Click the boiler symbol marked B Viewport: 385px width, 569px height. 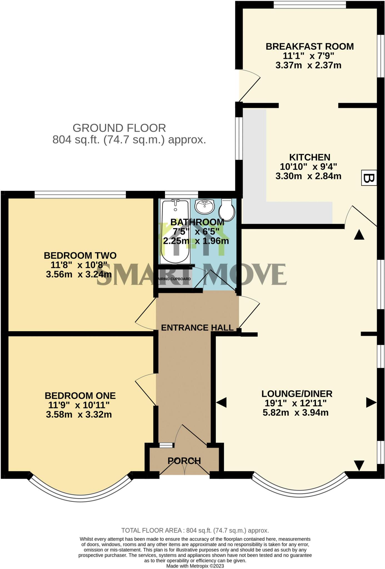pos(369,178)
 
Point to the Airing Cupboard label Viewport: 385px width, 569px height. pos(174,279)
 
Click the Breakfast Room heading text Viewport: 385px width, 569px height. pos(310,46)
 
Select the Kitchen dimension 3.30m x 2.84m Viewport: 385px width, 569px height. pos(308,176)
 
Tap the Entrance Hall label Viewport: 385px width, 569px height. pos(197,328)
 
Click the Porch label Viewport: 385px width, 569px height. pos(184,461)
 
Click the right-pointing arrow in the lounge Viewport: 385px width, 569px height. pos(371,402)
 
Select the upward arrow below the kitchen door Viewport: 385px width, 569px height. pos(359,235)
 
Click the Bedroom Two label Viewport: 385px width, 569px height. pos(80,255)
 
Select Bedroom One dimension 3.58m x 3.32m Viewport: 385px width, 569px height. pos(79,415)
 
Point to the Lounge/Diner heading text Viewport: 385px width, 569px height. pos(297,393)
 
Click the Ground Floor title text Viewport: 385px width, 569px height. pos(119,128)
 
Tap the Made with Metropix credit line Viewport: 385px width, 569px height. pos(195,566)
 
